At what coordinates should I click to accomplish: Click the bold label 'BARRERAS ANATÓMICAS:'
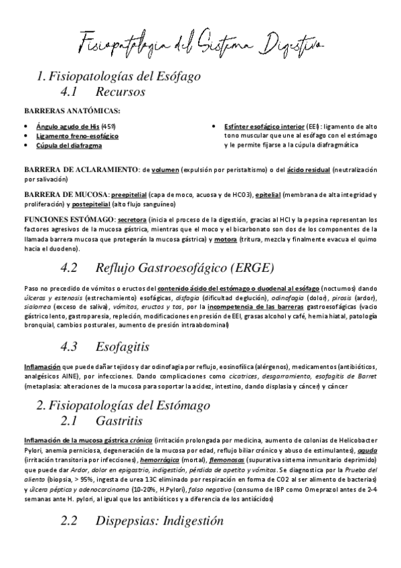pos(72,111)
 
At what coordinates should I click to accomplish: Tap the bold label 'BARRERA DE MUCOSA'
pos(65,195)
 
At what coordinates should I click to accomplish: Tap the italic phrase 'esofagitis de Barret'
pos(347,377)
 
